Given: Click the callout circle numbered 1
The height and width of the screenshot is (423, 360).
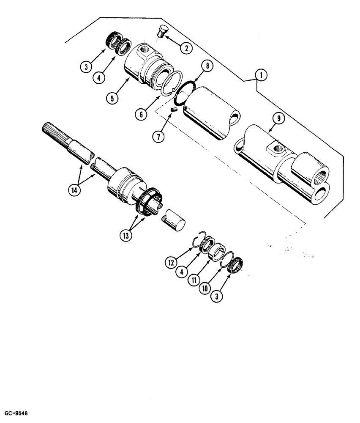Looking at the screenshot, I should click(x=261, y=75).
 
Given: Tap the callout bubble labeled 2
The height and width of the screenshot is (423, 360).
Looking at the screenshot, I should click(x=185, y=47).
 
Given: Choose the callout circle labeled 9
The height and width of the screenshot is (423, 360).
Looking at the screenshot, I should click(x=278, y=119).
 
